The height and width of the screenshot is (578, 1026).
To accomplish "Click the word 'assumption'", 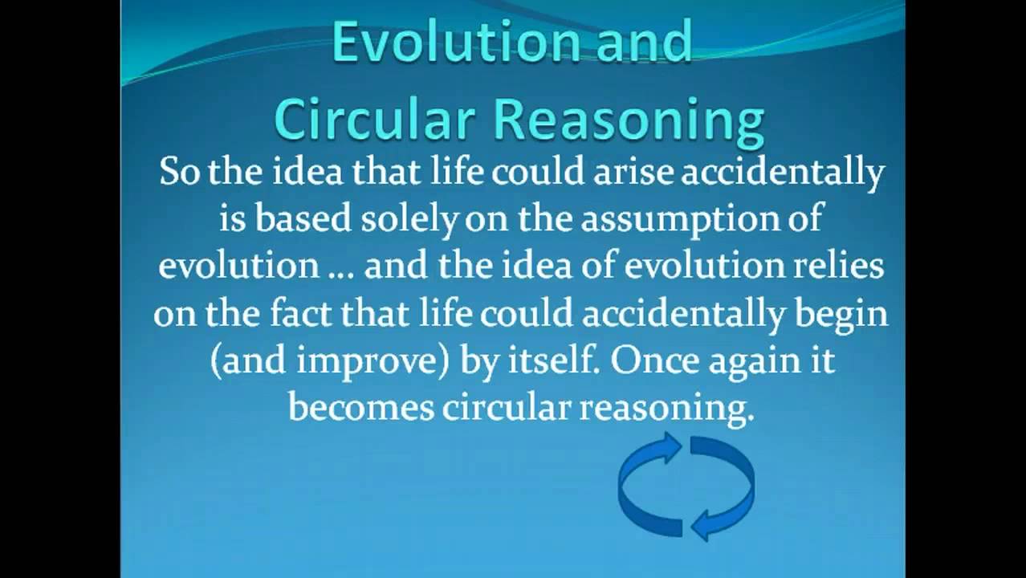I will coord(702,218).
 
